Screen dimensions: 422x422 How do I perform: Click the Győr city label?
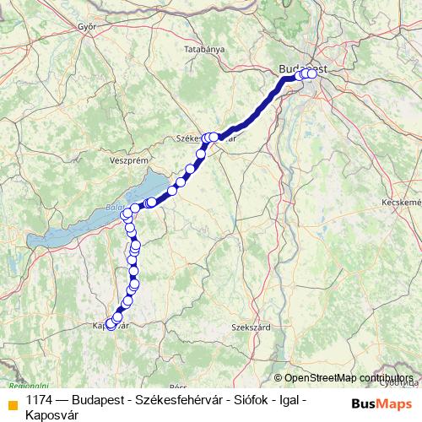point(87,26)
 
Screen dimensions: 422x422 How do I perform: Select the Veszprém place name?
point(129,159)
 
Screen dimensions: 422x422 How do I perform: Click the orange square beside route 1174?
point(13,403)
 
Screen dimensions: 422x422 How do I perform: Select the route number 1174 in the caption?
point(41,399)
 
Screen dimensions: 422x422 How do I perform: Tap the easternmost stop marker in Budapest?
point(313,74)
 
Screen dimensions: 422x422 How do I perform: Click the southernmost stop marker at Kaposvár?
point(110,326)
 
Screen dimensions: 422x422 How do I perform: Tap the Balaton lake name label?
point(115,208)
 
